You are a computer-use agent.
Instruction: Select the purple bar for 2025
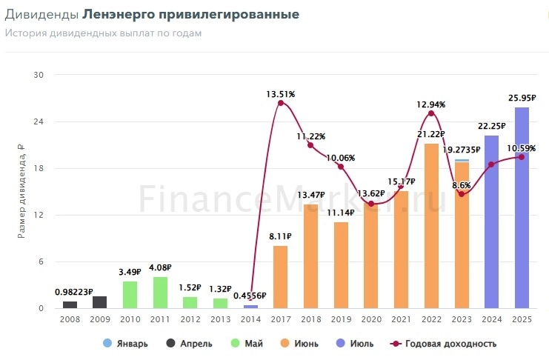pos(522,207)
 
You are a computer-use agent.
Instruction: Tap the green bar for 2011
pos(160,293)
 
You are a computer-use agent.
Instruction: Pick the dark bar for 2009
pos(100,302)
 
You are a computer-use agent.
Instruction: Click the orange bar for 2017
pos(280,277)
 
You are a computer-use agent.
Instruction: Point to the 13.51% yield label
pos(281,94)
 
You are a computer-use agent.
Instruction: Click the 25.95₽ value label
pos(523,97)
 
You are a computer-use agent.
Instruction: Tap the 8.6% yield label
pos(461,184)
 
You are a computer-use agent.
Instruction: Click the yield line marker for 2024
pos(491,164)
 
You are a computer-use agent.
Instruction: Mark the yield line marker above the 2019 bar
pos(341,167)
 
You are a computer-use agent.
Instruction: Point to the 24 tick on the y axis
pos(39,121)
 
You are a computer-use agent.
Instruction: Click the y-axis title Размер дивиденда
pos(21,191)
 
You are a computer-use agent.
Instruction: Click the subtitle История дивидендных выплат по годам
pos(103,33)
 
